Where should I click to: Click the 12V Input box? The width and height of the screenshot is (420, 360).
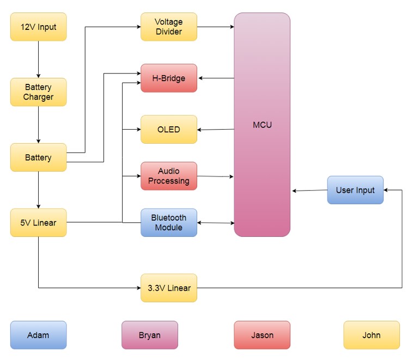pyautogui.click(x=38, y=27)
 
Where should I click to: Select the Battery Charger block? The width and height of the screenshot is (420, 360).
pyautogui.click(x=38, y=92)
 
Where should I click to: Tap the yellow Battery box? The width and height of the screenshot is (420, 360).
pyautogui.click(x=38, y=157)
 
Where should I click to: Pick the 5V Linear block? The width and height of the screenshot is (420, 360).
pyautogui.click(x=38, y=222)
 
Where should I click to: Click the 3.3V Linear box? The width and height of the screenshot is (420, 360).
pyautogui.click(x=169, y=288)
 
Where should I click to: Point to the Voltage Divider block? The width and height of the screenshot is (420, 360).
pyautogui.click(x=169, y=27)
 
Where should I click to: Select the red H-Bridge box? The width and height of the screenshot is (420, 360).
pyautogui.click(x=169, y=78)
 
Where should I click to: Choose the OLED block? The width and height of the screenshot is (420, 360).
pyautogui.click(x=169, y=130)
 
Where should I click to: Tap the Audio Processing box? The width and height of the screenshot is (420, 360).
pyautogui.click(x=169, y=176)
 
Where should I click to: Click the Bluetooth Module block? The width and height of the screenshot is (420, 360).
pyautogui.click(x=169, y=222)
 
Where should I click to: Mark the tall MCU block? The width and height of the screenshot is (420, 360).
pyautogui.click(x=262, y=125)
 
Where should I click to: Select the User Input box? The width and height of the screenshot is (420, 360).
pyautogui.click(x=355, y=190)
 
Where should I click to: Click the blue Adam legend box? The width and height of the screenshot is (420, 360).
pyautogui.click(x=38, y=335)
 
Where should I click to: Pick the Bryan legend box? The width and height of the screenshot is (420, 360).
pyautogui.click(x=149, y=335)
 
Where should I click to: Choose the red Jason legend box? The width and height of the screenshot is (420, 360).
pyautogui.click(x=262, y=335)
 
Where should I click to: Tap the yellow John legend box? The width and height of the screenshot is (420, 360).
pyautogui.click(x=372, y=335)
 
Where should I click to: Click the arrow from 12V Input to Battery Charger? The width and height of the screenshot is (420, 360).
pyautogui.click(x=38, y=59)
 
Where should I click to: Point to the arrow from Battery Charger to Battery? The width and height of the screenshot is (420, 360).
pyautogui.click(x=38, y=125)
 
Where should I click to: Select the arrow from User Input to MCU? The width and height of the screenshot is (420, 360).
pyautogui.click(x=309, y=191)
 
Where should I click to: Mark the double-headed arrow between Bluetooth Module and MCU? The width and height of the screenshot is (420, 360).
pyautogui.click(x=216, y=222)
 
